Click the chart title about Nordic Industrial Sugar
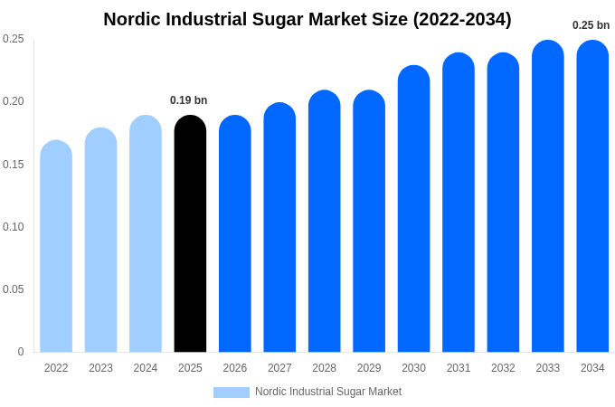tap(307, 19)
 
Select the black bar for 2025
tap(190, 235)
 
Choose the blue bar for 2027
tap(279, 228)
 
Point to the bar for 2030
tap(413, 209)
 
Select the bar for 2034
tap(592, 196)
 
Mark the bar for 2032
tap(503, 203)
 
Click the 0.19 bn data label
tap(189, 100)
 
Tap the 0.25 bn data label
tap(591, 25)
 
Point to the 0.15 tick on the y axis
tap(14, 164)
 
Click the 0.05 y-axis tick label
tap(14, 289)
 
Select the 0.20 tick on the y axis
tap(14, 101)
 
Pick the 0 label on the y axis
tap(21, 352)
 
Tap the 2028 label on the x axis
tap(324, 368)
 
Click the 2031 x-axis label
tap(459, 368)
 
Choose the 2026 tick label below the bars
tap(235, 368)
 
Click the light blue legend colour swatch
tap(232, 393)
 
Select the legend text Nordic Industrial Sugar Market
tap(328, 392)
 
